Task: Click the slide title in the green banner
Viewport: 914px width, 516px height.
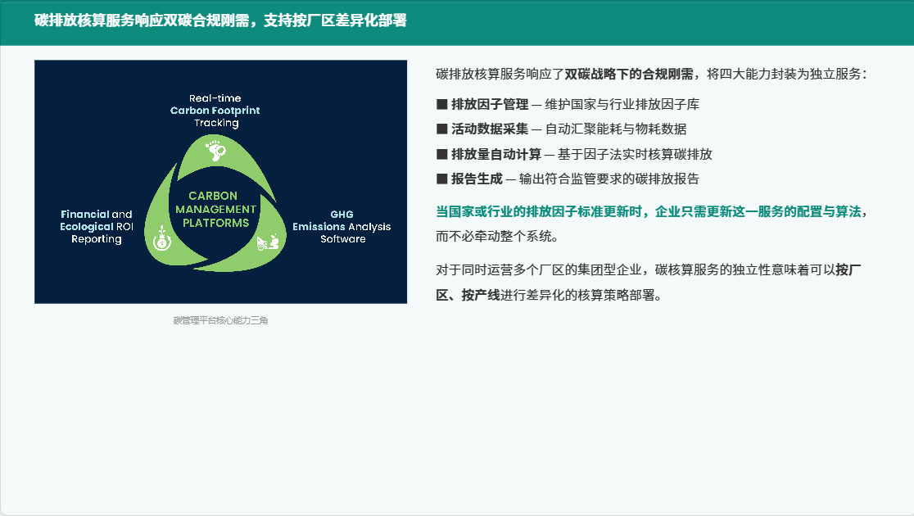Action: pyautogui.click(x=220, y=20)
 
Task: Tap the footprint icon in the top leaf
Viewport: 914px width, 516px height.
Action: pyautogui.click(x=215, y=150)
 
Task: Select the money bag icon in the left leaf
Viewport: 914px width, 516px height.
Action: pyautogui.click(x=162, y=238)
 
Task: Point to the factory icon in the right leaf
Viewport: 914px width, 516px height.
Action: pyautogui.click(x=268, y=242)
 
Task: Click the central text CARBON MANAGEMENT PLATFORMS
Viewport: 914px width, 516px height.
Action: pyautogui.click(x=215, y=210)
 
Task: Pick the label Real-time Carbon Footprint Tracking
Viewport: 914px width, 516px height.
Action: pyautogui.click(x=215, y=111)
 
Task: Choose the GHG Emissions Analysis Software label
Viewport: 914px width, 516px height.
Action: pyautogui.click(x=342, y=226)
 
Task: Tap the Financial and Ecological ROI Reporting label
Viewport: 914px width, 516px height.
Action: pyautogui.click(x=97, y=226)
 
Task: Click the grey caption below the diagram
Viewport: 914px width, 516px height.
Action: pyautogui.click(x=220, y=320)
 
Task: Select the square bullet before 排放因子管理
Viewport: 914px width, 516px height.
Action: pyautogui.click(x=441, y=104)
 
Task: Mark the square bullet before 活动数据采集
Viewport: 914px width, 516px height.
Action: pyautogui.click(x=441, y=129)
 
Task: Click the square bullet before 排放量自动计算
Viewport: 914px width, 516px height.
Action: pyautogui.click(x=441, y=154)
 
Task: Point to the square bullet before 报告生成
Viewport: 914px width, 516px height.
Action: pyautogui.click(x=441, y=179)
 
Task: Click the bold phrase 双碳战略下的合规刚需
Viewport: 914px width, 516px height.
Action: pyautogui.click(x=629, y=74)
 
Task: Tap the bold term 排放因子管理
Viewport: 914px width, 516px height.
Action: pyautogui.click(x=490, y=104)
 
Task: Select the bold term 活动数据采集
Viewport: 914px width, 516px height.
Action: pyautogui.click(x=490, y=129)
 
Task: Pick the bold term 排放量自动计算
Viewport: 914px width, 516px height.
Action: pyautogui.click(x=496, y=154)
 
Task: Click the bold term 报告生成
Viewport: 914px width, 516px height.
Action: pyautogui.click(x=477, y=179)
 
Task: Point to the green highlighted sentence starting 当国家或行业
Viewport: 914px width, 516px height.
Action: pyautogui.click(x=651, y=211)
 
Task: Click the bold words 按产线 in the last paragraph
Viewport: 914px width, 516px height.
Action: pyautogui.click(x=480, y=295)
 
